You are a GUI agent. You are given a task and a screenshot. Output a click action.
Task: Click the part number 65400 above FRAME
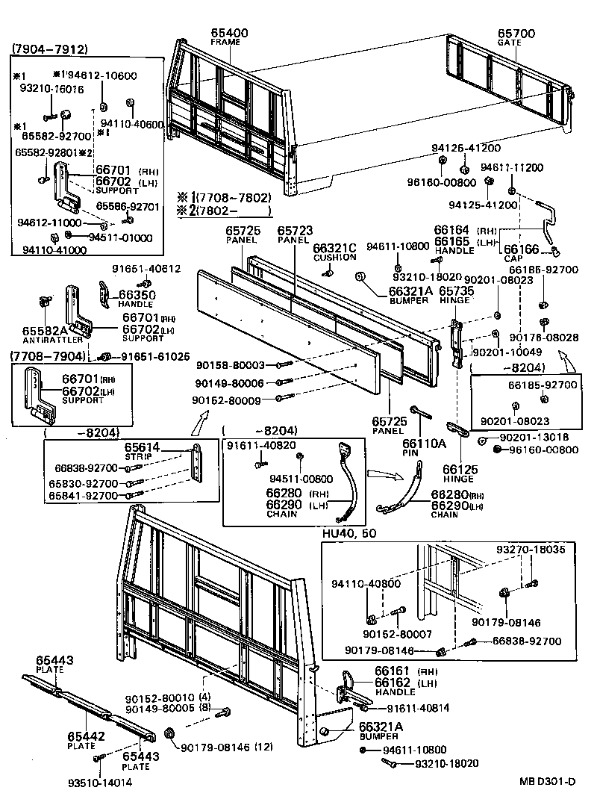tap(229, 33)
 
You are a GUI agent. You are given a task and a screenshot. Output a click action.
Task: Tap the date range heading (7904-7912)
tap(49, 50)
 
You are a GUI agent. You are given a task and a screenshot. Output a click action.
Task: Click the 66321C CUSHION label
tap(334, 252)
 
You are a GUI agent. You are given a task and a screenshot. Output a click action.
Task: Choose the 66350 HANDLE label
tap(137, 299)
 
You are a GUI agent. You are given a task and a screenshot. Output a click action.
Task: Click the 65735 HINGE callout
tap(457, 296)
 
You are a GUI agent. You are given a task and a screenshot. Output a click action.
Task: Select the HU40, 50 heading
tap(351, 535)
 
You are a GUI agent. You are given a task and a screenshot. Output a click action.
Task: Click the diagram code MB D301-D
tap(548, 782)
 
